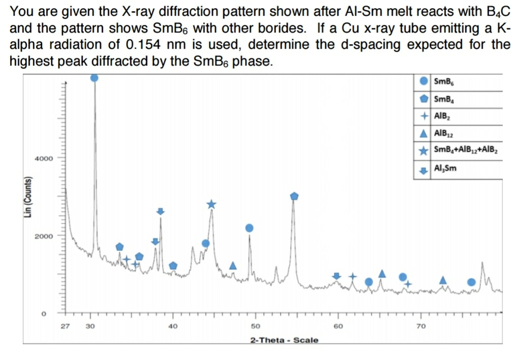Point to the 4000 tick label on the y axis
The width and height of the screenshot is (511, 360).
[44, 159]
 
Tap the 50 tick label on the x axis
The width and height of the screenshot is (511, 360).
[255, 326]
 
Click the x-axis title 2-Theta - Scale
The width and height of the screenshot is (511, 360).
[284, 340]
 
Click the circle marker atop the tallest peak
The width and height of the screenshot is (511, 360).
[94, 77]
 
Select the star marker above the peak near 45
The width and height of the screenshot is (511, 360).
[211, 204]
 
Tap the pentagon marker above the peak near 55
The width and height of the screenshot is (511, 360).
[294, 196]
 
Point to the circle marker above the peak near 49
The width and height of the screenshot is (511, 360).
[249, 228]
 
